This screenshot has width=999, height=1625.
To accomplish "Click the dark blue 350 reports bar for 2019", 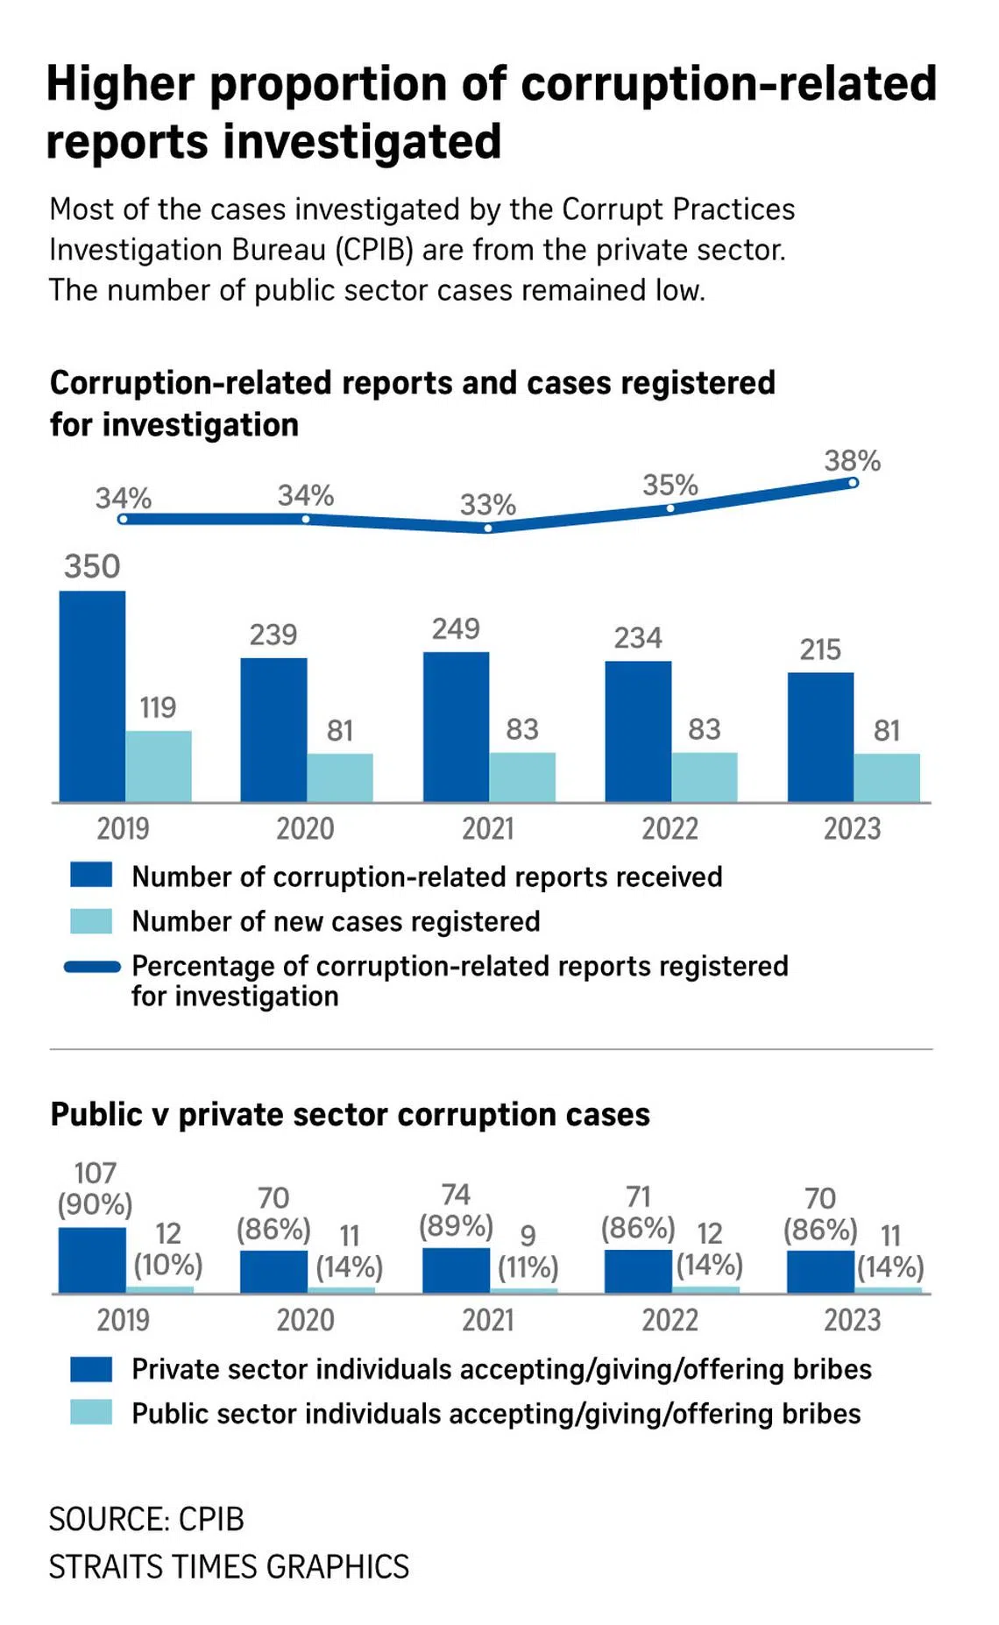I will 92,696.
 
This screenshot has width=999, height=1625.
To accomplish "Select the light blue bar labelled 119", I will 159,766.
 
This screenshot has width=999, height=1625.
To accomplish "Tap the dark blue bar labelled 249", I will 456,727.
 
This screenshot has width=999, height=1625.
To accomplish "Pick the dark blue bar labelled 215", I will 820,737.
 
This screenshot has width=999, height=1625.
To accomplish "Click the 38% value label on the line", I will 852,461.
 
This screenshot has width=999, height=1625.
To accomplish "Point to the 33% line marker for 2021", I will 488,528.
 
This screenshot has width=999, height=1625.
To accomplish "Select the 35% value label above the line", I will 670,486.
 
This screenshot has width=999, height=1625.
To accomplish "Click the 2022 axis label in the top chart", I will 670,828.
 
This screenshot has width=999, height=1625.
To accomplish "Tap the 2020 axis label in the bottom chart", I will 305,1320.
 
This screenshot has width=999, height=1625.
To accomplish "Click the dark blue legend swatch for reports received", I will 91,876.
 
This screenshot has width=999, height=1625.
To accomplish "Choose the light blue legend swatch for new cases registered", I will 91,921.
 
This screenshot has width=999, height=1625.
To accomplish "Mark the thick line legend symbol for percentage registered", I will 92,967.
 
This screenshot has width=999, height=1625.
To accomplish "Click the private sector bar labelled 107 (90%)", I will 92,1260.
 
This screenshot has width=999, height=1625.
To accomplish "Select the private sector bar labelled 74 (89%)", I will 456,1270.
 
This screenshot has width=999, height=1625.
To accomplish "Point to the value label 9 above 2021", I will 528,1235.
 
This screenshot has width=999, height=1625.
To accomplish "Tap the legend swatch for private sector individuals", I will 91,1369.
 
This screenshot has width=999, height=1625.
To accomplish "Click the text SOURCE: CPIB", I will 146,1519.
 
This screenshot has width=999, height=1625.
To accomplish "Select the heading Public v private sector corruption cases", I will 350,1115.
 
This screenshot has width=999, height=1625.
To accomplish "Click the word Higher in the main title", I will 120,85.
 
